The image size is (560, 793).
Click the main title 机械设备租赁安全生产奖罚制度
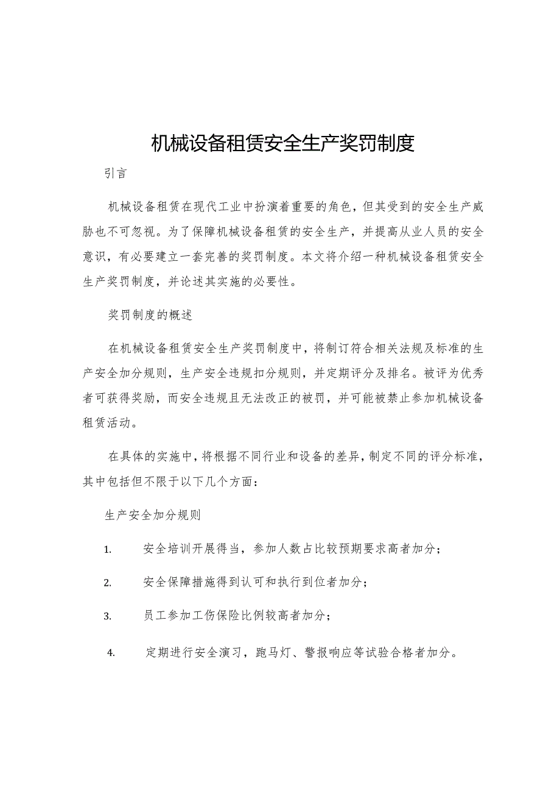[282, 143]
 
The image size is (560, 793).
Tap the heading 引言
[115, 174]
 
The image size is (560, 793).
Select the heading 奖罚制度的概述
[150, 315]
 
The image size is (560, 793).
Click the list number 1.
[108, 549]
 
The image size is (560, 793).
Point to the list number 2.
[108, 583]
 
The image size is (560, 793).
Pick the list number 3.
[108, 616]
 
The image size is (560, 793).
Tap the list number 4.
[111, 653]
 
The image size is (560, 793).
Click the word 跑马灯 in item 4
[270, 653]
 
